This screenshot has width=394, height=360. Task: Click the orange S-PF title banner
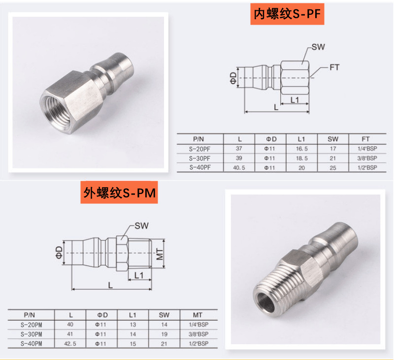tap(287, 14)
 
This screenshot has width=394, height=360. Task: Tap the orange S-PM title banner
tap(119, 193)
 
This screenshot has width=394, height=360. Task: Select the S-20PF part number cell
tap(200, 149)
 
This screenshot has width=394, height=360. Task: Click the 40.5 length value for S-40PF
tap(239, 167)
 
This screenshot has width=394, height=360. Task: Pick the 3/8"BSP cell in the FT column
tap(367, 158)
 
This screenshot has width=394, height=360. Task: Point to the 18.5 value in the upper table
tap(301, 158)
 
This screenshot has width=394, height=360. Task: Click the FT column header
tap(365, 139)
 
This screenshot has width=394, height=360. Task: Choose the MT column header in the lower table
tap(198, 315)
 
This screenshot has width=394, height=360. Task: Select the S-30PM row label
tap(32, 334)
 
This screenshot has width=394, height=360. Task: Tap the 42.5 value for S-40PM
tap(70, 343)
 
